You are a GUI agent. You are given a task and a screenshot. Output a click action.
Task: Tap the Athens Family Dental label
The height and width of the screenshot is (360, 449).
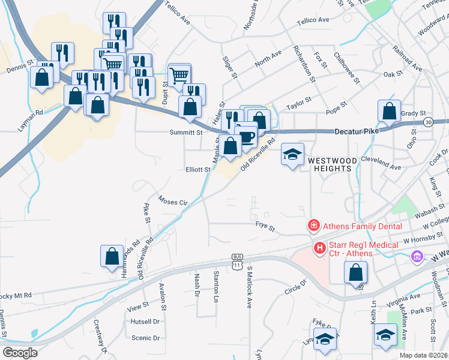click(x=357, y=226)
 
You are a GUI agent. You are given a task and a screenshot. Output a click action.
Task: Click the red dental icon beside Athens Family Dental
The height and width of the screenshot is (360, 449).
click(x=313, y=226)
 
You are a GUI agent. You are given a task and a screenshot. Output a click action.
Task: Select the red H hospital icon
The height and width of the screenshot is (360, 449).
click(x=321, y=247)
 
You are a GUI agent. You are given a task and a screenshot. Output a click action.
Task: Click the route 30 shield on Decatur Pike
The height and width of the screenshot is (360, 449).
click(x=427, y=122)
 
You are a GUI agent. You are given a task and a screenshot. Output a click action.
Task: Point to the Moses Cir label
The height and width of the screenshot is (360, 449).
click(x=173, y=200)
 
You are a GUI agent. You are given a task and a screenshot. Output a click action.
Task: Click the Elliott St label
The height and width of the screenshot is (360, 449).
click(x=198, y=170)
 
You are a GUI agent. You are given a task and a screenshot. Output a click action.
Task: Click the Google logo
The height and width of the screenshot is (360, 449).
click(x=20, y=353)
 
